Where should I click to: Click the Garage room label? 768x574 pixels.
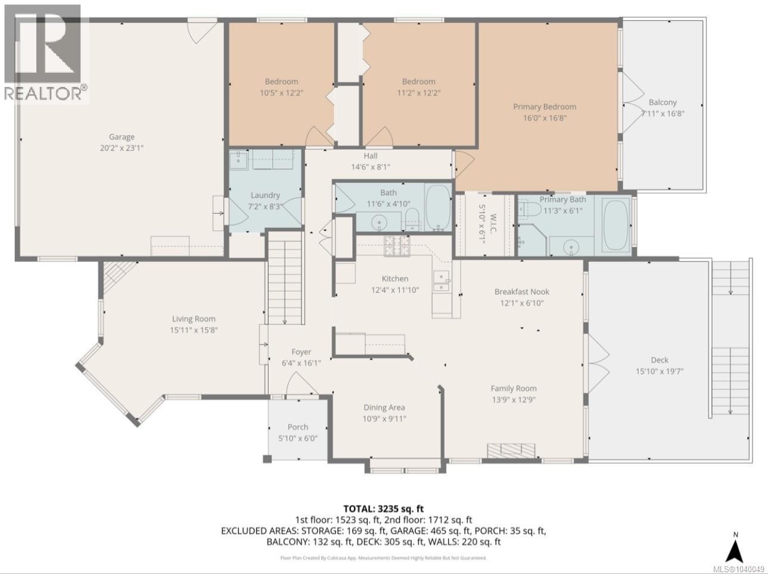click(x=122, y=137)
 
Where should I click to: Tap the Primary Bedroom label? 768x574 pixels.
click(x=545, y=107)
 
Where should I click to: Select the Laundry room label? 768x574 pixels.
click(x=265, y=195)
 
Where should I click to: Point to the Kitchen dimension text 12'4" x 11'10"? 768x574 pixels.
click(x=395, y=290)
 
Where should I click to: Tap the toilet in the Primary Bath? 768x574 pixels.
click(x=528, y=209)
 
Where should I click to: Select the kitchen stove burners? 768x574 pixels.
click(x=397, y=245)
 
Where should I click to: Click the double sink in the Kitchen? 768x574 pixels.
click(x=441, y=280)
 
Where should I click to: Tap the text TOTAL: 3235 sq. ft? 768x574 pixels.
click(x=384, y=509)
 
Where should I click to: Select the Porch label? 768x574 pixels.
click(x=298, y=427)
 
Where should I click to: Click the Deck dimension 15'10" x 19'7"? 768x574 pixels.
click(x=660, y=371)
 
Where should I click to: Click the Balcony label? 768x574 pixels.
click(x=663, y=102)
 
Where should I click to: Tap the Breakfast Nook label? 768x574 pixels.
click(x=522, y=292)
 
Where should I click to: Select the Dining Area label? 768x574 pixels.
click(x=384, y=407)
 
